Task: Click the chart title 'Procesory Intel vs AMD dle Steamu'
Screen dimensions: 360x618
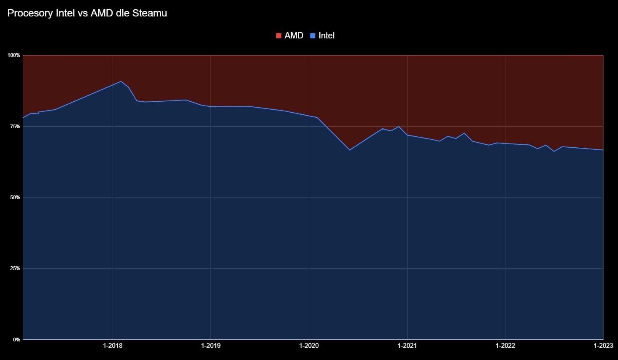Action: (87, 13)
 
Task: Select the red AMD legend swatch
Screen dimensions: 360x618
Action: (278, 36)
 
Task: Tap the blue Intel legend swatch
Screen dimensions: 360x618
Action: (313, 36)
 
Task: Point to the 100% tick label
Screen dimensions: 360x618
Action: (14, 55)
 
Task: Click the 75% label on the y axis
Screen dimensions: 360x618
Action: (15, 127)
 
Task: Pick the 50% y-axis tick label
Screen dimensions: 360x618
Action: (15, 198)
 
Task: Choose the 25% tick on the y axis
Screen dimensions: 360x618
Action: (15, 268)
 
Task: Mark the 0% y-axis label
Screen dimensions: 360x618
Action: (16, 339)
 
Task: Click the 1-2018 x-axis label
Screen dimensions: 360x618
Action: (113, 346)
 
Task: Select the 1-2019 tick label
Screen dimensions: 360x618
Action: (210, 346)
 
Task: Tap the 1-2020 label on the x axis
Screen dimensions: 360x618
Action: (309, 346)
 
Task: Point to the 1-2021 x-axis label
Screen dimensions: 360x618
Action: (407, 346)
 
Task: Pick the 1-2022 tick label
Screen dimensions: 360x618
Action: (505, 346)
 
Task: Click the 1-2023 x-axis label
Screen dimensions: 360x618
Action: (602, 346)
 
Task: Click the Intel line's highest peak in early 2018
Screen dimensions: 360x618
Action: (121, 81)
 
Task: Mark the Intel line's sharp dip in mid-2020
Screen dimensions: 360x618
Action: (350, 150)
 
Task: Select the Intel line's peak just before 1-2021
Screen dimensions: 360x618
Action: (399, 127)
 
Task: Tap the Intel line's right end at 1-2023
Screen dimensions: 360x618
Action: (603, 150)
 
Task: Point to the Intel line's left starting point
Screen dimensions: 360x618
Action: (23, 118)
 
